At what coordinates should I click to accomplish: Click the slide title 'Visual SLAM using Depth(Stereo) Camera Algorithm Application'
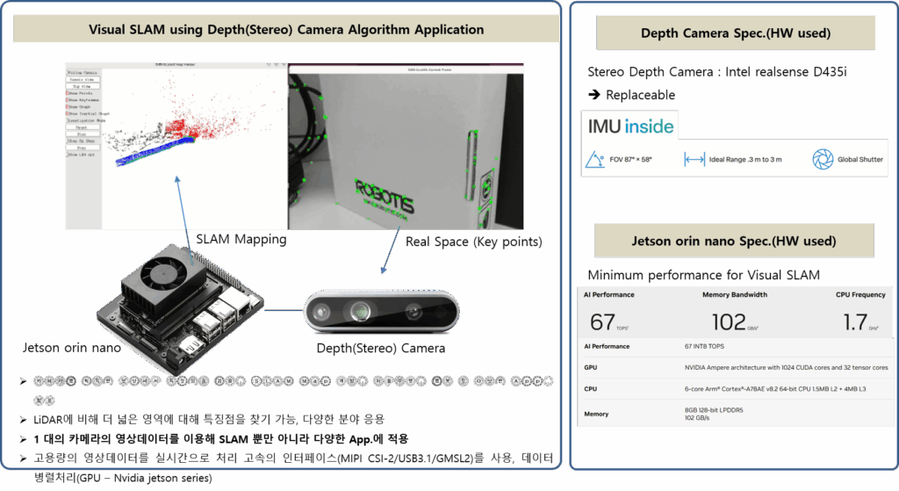(x=286, y=30)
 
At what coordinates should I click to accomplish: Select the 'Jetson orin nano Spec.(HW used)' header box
(x=734, y=240)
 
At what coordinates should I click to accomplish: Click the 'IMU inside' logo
(x=630, y=126)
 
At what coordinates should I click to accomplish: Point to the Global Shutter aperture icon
(x=822, y=159)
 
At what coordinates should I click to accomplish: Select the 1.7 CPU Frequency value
(x=855, y=321)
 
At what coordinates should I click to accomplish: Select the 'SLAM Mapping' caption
(x=241, y=238)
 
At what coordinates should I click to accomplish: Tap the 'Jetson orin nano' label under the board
(x=71, y=349)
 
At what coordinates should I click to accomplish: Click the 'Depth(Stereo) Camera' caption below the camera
(x=380, y=348)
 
